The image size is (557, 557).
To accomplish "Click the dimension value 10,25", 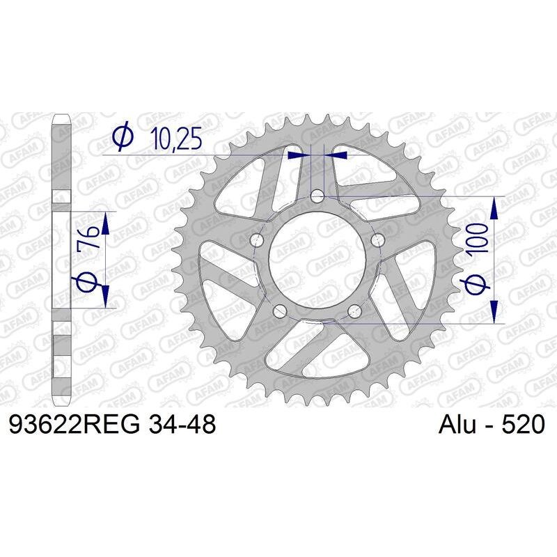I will click(176, 139).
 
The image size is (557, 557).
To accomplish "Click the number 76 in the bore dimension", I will click(88, 244).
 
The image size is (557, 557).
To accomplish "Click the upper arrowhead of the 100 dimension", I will click(495, 206).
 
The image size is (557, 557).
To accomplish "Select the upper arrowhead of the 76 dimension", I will click(104, 223).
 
